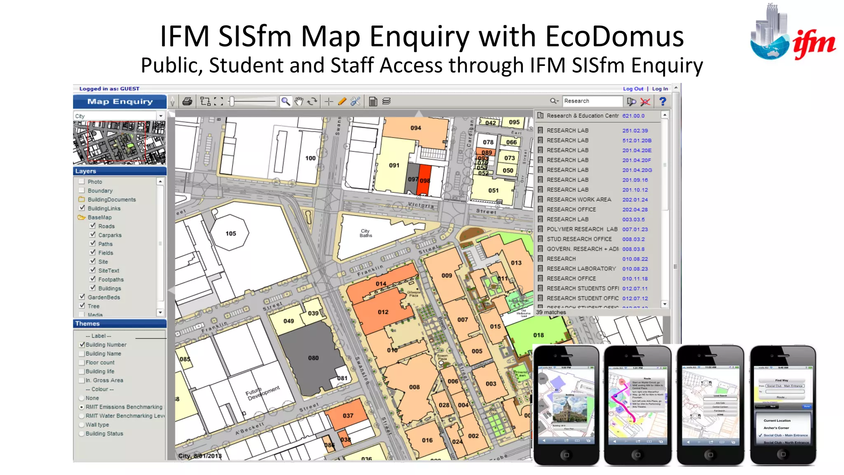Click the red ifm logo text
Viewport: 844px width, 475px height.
pos(814,44)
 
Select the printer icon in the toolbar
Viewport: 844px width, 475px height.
pos(187,101)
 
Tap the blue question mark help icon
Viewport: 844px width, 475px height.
pos(663,101)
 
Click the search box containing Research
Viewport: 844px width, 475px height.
pos(592,101)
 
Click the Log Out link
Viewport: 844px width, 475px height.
pos(633,89)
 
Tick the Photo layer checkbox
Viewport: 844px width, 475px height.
pos(82,181)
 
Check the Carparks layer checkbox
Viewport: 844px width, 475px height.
pos(93,235)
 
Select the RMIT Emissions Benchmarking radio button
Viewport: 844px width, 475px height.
pos(82,407)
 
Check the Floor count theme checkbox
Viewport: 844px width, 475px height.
pos(82,362)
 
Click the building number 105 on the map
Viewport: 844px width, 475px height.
pos(231,233)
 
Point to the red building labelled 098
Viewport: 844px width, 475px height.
pos(424,180)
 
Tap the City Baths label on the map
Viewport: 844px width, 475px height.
pos(366,233)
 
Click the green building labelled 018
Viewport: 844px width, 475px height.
pos(538,335)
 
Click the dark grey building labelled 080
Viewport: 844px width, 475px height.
pos(313,358)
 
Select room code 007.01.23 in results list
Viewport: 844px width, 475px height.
pos(635,229)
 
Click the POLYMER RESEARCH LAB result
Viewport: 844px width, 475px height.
pos(581,229)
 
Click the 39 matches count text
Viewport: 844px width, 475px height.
pos(551,313)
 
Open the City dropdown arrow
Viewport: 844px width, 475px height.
pos(161,116)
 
